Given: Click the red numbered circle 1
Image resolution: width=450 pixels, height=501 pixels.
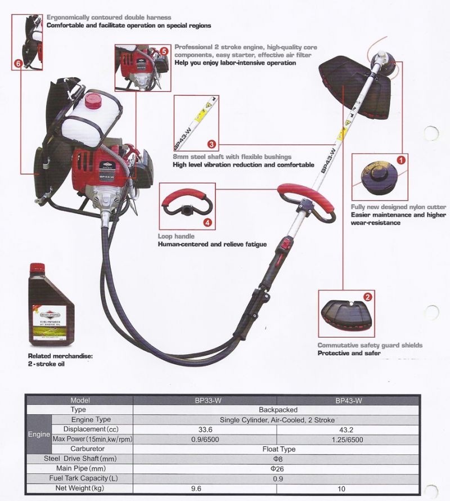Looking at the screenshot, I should tap(401, 160).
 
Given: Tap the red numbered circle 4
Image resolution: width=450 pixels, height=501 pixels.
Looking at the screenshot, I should tap(208, 222).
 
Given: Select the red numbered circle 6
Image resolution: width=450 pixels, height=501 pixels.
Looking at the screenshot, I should tap(19, 64).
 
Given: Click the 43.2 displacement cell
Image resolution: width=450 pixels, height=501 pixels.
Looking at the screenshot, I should tap(348, 429).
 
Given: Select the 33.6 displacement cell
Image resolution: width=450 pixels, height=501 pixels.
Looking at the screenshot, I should tap(205, 429).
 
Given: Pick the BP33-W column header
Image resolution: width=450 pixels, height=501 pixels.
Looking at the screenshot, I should tap(205, 400).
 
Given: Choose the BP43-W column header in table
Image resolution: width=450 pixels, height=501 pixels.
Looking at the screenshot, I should tap(348, 400).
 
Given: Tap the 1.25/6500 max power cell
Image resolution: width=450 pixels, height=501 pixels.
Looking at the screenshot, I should tap(348, 439).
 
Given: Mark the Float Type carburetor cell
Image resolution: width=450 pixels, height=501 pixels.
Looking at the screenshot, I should tap(277, 449).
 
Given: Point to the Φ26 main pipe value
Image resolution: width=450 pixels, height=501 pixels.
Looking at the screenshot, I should tap(277, 468).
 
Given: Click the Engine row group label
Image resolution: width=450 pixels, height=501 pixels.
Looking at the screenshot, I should tap(38, 434).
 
